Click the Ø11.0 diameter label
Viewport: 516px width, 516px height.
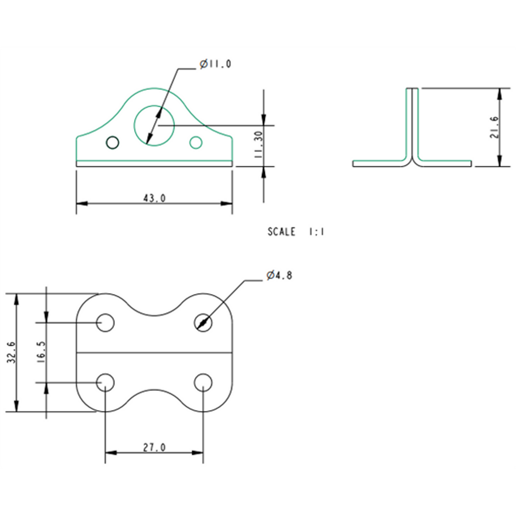(215, 64)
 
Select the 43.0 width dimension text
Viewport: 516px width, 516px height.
(154, 198)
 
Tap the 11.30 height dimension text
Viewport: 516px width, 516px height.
(258, 145)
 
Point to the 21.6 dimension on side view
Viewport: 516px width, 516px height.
(494, 127)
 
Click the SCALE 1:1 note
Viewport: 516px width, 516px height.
(296, 232)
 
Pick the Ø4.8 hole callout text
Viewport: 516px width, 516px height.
(279, 275)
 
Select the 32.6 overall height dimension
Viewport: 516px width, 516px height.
(11, 352)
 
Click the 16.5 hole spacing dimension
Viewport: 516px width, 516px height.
(41, 352)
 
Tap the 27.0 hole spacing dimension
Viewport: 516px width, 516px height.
(154, 447)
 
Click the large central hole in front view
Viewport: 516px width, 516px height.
(154, 125)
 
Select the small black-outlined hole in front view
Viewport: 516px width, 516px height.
(113, 142)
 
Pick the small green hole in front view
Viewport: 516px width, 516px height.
(196, 143)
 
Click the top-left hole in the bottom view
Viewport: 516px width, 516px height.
(105, 323)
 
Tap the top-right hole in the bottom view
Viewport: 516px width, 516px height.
(203, 323)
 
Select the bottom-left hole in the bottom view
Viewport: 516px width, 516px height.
(105, 383)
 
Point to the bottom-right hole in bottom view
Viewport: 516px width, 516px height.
(203, 383)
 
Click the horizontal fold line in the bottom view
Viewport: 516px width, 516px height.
(154, 352)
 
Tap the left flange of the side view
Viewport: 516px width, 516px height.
(378, 164)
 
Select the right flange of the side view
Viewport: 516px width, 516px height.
(446, 164)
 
